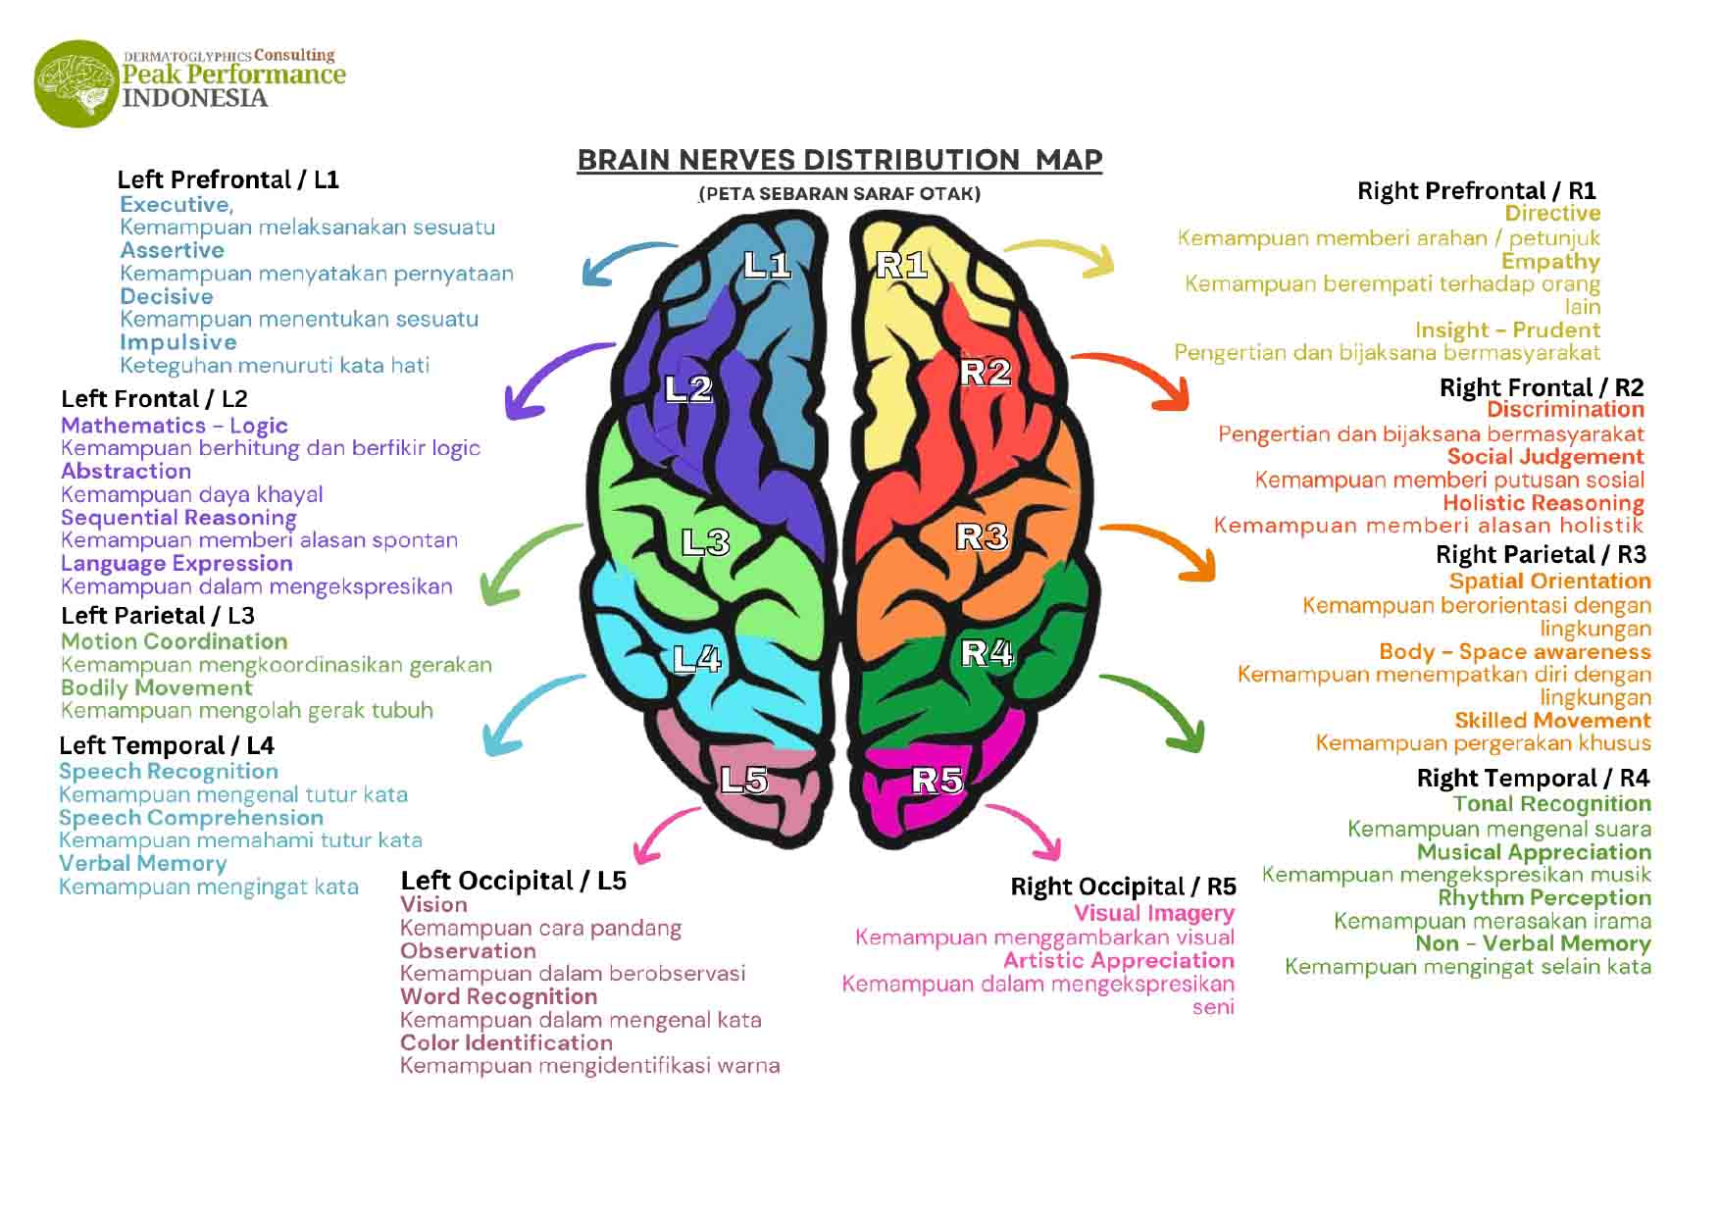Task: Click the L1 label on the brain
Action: [x=767, y=265]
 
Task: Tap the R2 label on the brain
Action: [x=985, y=373]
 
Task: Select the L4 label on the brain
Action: [x=697, y=659]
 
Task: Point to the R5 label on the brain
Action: [x=937, y=780]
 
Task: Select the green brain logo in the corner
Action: [x=77, y=83]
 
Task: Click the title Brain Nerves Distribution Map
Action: [x=839, y=160]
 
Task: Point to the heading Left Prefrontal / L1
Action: [x=228, y=179]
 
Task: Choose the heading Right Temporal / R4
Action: [x=1533, y=779]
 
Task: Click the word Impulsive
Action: [x=178, y=342]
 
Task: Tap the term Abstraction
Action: [x=126, y=472]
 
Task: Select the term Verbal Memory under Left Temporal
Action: [x=142, y=864]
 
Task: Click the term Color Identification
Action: [x=506, y=1043]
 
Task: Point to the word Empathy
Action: [x=1550, y=262]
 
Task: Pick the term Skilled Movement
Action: [x=1552, y=721]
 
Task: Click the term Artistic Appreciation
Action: [x=1118, y=961]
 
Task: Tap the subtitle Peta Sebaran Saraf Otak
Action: [x=839, y=194]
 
